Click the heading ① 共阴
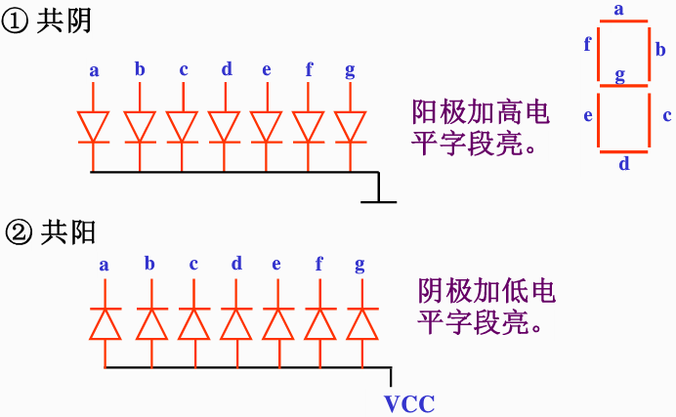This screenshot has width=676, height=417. (48, 22)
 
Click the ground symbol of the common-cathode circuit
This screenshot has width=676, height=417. (378, 200)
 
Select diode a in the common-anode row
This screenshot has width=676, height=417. (105, 323)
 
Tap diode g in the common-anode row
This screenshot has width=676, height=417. (361, 323)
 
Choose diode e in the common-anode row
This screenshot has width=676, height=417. (277, 323)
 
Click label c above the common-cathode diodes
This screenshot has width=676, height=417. (183, 68)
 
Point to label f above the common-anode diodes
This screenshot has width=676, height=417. (318, 264)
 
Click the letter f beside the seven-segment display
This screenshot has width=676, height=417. (587, 45)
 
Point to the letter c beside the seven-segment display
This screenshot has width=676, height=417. (666, 115)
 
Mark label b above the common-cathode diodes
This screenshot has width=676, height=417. (140, 68)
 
